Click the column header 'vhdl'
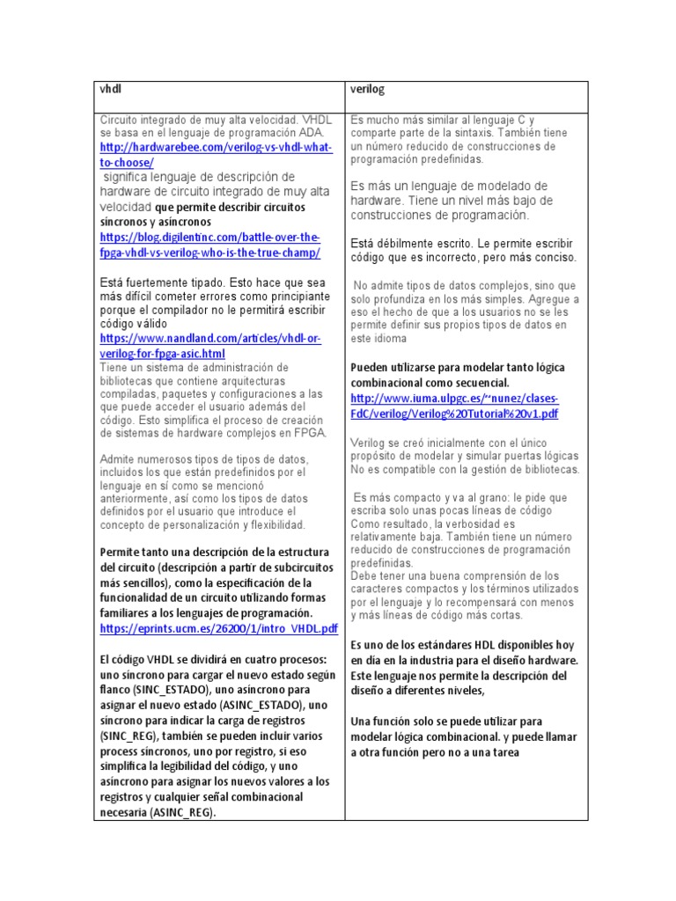(x=109, y=89)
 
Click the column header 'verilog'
(x=368, y=89)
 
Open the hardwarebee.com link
(x=216, y=155)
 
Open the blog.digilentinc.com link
(x=210, y=245)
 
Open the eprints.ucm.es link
(x=219, y=628)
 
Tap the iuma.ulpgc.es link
(x=454, y=405)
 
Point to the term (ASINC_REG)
(x=182, y=813)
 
